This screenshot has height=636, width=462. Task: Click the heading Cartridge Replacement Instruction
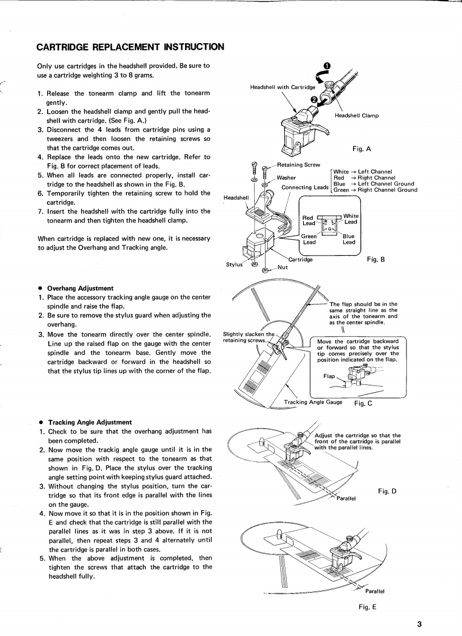130,46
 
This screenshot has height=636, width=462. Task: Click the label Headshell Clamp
356,115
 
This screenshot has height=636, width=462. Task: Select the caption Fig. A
362,149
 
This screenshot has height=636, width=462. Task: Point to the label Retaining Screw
299,165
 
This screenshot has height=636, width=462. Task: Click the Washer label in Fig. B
286,177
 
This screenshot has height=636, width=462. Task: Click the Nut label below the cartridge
283,268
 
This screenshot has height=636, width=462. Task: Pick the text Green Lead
309,239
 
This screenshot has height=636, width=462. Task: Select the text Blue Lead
348,239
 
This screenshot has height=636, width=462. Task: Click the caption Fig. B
376,260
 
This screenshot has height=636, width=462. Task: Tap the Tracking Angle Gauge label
313,402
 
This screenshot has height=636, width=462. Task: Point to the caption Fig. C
363,404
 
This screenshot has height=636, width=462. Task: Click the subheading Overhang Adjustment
81,288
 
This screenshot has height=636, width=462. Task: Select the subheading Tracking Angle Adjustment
90,422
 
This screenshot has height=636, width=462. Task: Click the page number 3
419,625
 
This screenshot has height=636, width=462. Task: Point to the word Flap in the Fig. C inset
329,376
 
